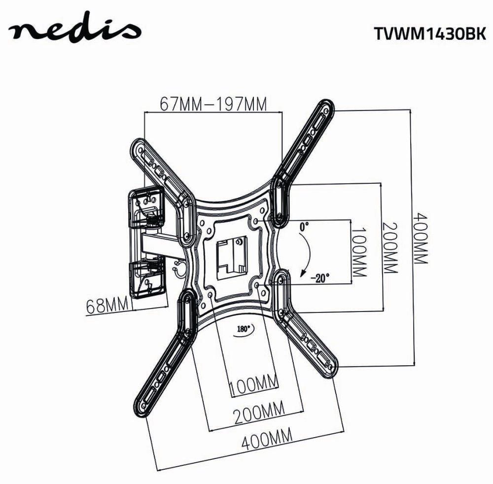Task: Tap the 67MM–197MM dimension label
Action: [x=213, y=104]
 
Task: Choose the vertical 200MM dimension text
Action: [x=389, y=249]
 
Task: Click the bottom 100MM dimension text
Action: [x=253, y=383]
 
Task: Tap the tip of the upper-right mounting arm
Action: [x=326, y=107]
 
